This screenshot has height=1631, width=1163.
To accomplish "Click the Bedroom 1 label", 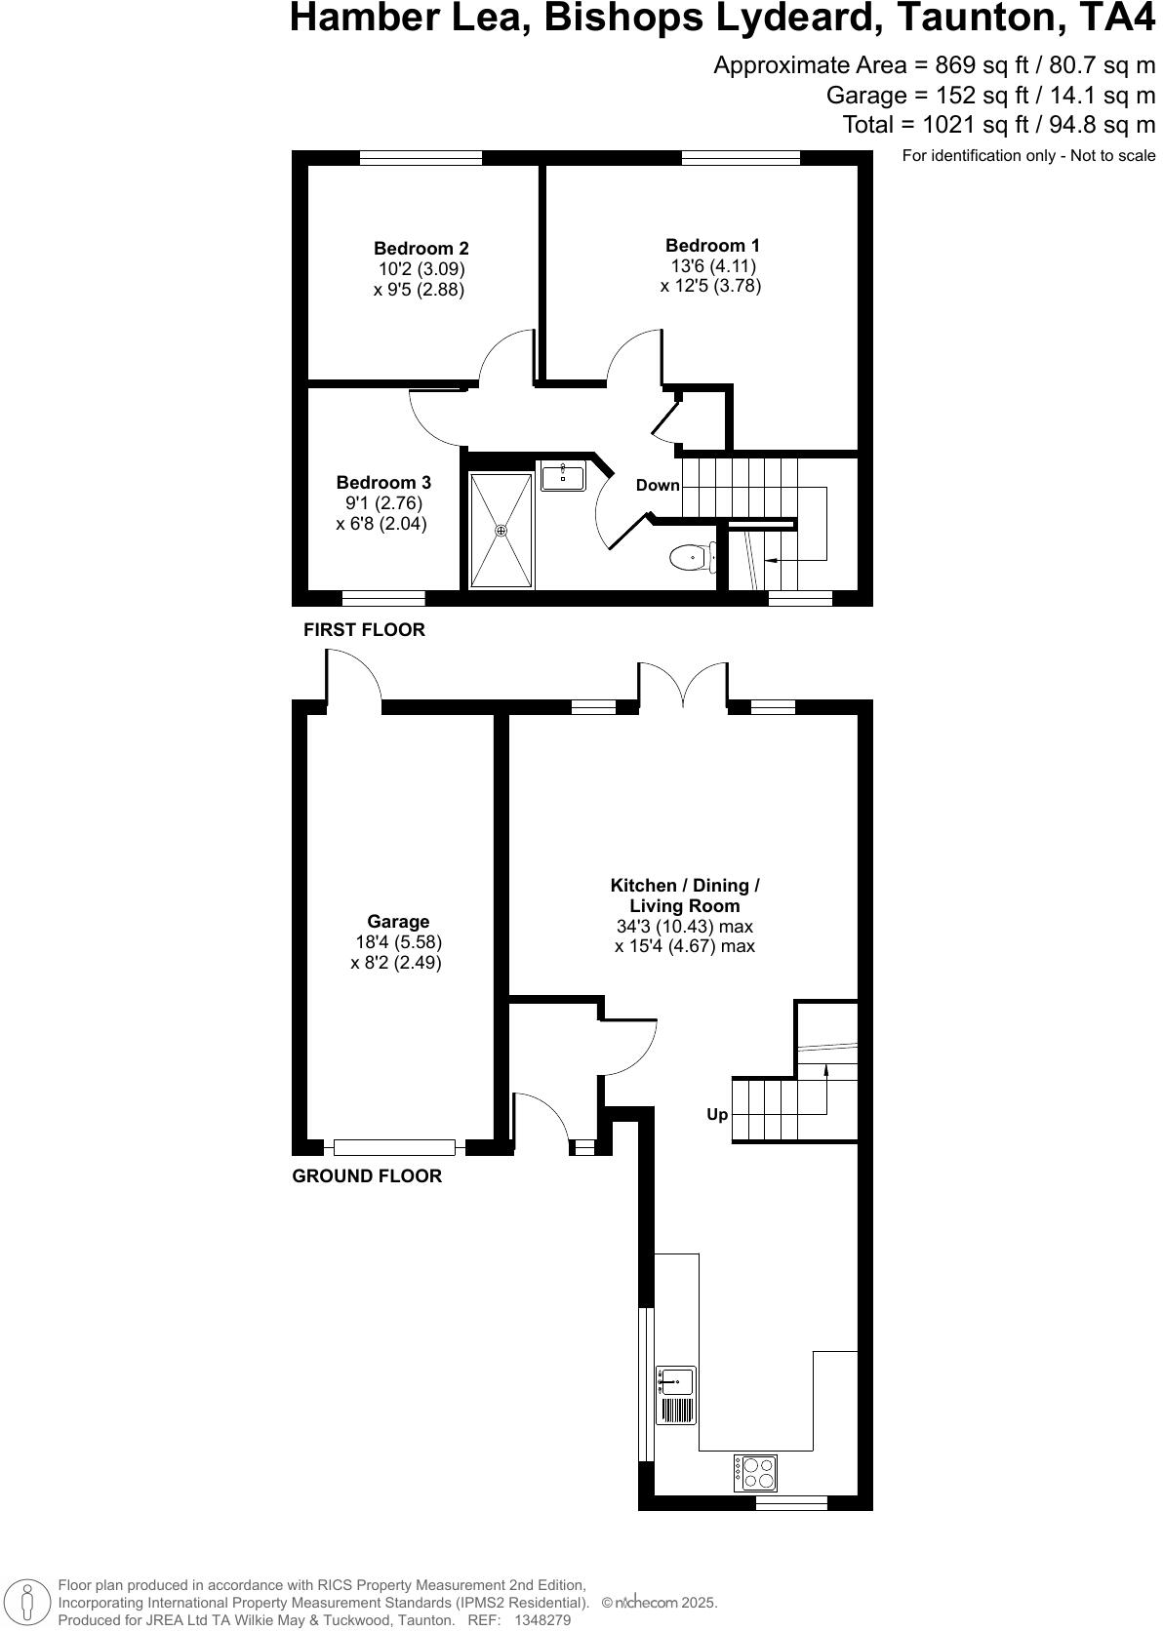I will tap(712, 246).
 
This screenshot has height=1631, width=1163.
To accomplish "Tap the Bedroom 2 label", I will tap(421, 249).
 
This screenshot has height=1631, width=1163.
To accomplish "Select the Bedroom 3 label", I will tap(383, 483).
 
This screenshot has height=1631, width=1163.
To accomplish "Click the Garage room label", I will tap(398, 922).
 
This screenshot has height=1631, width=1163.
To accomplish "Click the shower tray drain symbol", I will tap(501, 531).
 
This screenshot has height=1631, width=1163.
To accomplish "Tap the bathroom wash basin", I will tap(563, 477).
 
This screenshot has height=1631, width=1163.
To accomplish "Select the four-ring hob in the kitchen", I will tap(756, 1472).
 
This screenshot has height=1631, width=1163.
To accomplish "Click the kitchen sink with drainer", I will tap(676, 1395).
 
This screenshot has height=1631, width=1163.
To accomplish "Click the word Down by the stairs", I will tap(658, 486).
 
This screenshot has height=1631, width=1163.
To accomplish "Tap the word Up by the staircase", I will tap(717, 1115).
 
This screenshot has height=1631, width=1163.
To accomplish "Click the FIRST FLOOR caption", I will tap(364, 630).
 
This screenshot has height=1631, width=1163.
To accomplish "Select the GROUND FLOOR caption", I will tap(367, 1176).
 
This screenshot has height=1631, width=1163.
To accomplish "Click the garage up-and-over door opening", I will tap(394, 1148).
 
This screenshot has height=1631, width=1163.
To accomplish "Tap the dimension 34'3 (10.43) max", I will tap(685, 927).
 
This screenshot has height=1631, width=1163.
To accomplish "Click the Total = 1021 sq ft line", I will tap(998, 125).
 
